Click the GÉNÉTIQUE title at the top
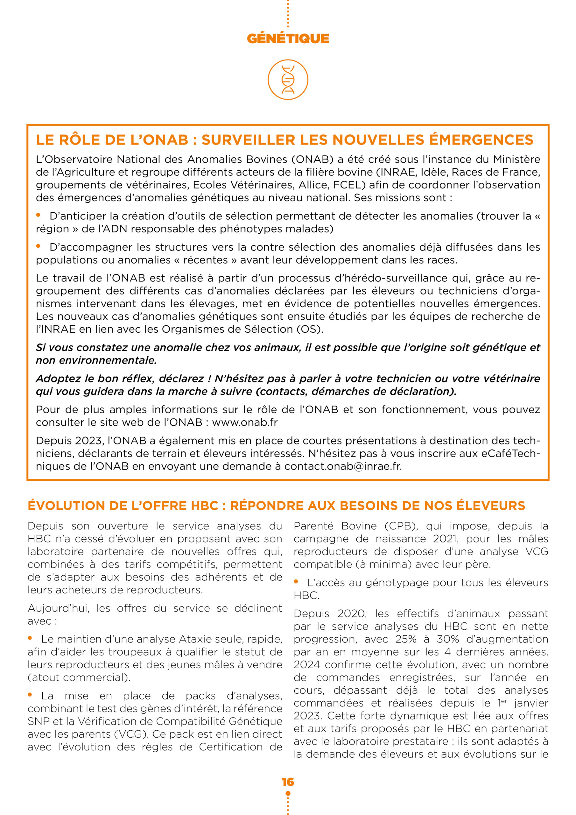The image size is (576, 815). point(288,38)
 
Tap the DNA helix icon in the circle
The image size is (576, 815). point(288,80)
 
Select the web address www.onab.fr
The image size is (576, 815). point(245,422)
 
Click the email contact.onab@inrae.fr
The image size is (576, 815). point(343,466)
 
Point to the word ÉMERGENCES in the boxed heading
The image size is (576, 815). point(481,140)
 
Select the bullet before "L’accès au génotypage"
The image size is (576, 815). point(296,581)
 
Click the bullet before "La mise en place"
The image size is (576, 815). point(30,695)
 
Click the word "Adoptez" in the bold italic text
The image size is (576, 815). point(59,379)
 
